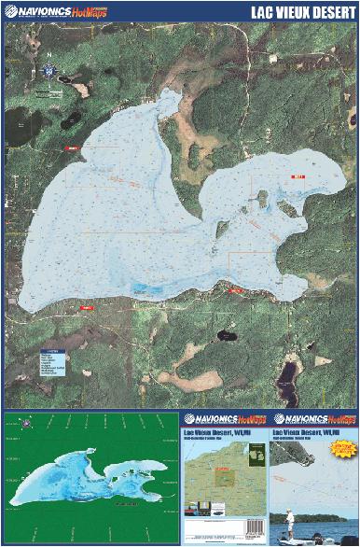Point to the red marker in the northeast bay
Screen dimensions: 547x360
pyautogui.click(x=298, y=175)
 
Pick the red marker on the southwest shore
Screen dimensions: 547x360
pyautogui.click(x=87, y=306)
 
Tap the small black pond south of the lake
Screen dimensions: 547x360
pyautogui.click(x=225, y=335)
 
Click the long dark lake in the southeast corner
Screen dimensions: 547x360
pyautogui.click(x=289, y=373)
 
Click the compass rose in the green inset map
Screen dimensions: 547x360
pyautogui.click(x=26, y=425)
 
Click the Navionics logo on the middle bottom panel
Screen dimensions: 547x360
pyautogui.click(x=223, y=419)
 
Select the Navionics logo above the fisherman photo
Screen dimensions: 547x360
pyautogui.click(x=313, y=419)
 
